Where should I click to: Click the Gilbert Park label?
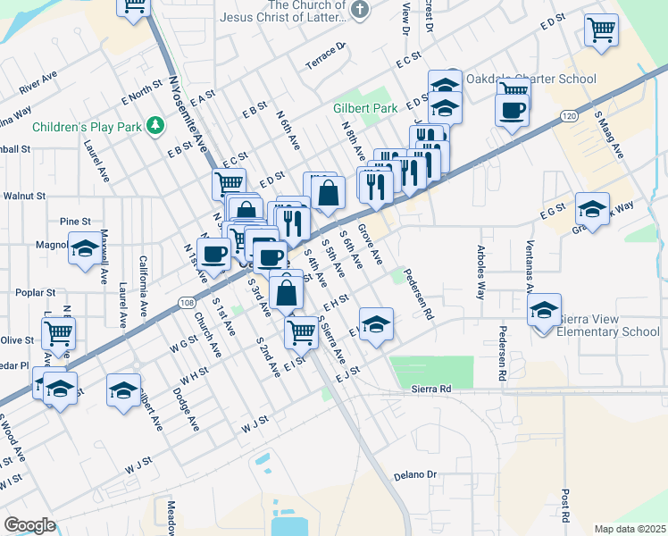365,108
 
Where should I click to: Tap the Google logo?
29,525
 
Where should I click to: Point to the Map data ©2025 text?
630,529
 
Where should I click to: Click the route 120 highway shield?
569,117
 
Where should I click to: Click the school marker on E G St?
592,210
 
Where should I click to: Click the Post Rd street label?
565,506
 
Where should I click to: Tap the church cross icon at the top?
359,11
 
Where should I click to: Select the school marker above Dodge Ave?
123,389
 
